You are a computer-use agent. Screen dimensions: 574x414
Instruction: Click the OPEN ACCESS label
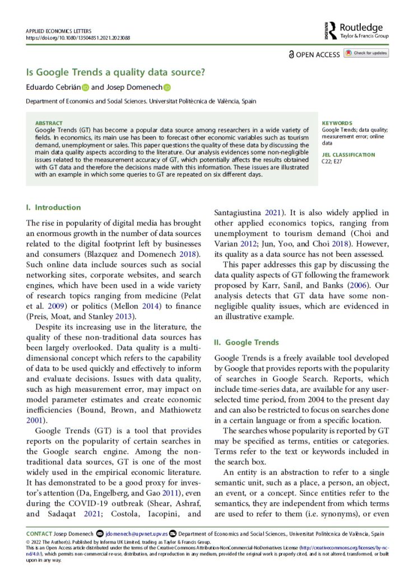click(x=318, y=54)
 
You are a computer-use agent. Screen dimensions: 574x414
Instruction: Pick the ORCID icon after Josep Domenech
click(x=167, y=87)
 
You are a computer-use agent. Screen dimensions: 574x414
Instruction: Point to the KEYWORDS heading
click(x=337, y=123)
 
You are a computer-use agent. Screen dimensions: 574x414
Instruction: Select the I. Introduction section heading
click(x=54, y=207)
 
